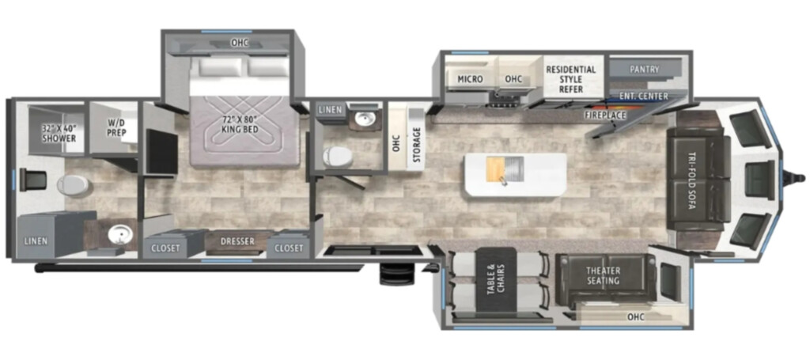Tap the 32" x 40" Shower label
(59, 133)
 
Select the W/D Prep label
(114, 128)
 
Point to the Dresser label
(237, 242)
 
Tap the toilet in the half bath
(337, 156)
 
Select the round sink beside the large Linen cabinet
(119, 237)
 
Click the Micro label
(470, 79)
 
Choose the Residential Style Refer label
(571, 79)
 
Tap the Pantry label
(644, 69)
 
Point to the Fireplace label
(605, 115)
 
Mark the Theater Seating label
(603, 276)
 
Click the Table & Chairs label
(495, 279)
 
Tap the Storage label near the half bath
(416, 141)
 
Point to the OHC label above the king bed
(240, 44)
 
